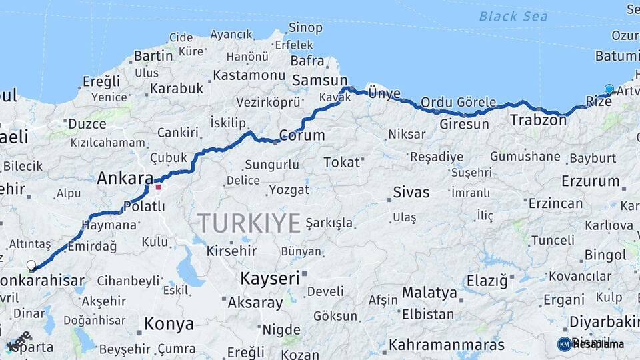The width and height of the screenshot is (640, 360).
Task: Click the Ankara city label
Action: [x=125, y=178]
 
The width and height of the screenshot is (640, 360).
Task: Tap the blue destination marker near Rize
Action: [x=609, y=89]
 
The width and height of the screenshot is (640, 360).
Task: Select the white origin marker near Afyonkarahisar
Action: [x=31, y=265]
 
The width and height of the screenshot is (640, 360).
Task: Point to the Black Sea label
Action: [x=513, y=16]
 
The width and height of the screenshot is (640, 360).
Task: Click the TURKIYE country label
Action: [x=249, y=223]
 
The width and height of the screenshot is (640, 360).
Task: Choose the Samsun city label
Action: [x=315, y=79]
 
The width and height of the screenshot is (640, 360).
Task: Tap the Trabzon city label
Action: [x=533, y=120]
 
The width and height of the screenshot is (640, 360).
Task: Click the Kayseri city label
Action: [x=269, y=278]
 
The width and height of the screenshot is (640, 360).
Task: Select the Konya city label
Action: [x=169, y=325]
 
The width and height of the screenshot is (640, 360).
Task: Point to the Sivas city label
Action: [x=411, y=193]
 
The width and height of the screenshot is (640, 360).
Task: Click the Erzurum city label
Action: [x=591, y=181]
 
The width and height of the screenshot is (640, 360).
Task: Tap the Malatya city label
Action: [x=429, y=293]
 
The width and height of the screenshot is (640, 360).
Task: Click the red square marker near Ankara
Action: [x=159, y=187]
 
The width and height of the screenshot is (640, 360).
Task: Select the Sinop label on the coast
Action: [x=305, y=27]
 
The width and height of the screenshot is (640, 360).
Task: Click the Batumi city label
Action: [x=617, y=55]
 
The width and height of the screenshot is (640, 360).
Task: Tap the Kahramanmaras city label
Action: [x=447, y=345]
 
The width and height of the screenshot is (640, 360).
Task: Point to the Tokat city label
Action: [x=341, y=162]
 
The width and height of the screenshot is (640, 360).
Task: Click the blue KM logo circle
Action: [x=564, y=344]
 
